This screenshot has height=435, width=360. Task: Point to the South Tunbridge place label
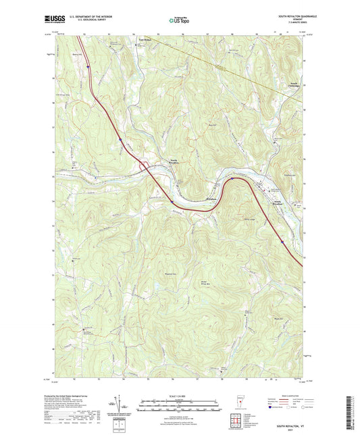pyautogui.click(x=290, y=93)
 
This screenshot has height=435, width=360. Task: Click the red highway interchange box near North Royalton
pyautogui.click(x=143, y=163)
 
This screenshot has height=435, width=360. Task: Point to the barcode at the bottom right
pyautogui.click(x=349, y=413)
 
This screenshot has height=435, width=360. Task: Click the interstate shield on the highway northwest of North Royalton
pyautogui.click(x=120, y=140)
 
